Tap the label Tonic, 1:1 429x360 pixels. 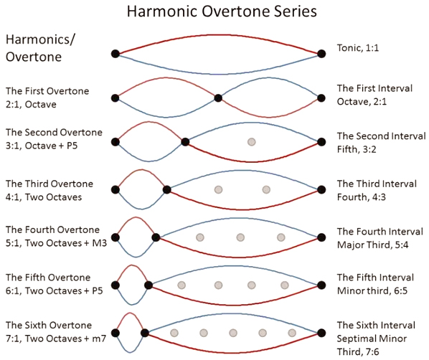click(357, 48)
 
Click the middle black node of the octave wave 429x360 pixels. click(218, 98)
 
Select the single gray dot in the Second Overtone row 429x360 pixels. click(251, 142)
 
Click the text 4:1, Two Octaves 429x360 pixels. click(44, 197)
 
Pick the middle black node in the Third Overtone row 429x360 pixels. click(167, 189)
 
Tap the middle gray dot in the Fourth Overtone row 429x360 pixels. click(240, 237)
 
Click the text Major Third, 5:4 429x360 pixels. click(372, 245)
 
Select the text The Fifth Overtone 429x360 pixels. click(48, 278)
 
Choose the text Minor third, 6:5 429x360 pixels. click(372, 290)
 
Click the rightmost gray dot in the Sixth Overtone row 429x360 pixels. click(292, 333)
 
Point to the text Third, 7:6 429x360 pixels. click(358, 352)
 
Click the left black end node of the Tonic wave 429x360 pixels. click(115, 54)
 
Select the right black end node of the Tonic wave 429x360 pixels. click(321, 54)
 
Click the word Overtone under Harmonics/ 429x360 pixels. click(34, 57)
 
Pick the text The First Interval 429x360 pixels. click(374, 88)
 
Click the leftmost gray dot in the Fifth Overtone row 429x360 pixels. click(181, 285)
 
